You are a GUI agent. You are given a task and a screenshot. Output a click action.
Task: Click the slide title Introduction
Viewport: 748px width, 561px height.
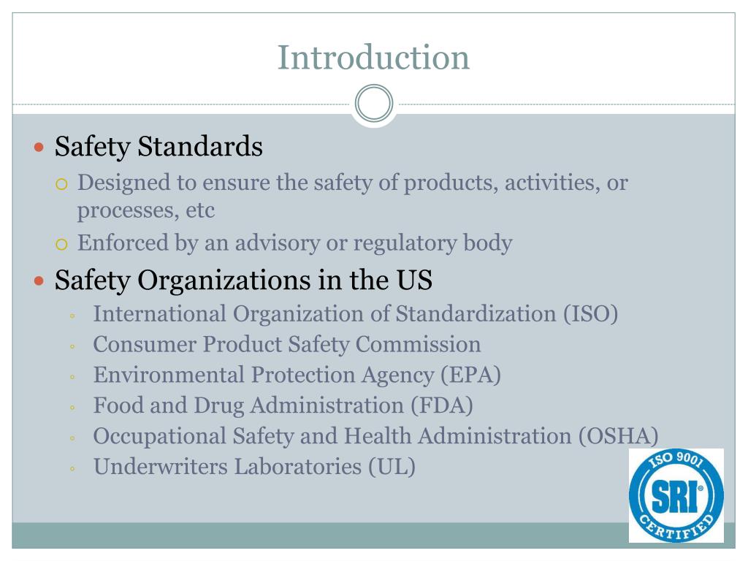pos(373,58)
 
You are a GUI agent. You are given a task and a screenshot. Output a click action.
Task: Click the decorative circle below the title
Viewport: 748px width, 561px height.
pos(374,104)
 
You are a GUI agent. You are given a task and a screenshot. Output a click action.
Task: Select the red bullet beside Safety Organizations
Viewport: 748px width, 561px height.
pos(40,280)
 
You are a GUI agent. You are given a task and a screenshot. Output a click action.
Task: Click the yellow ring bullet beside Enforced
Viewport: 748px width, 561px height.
pos(62,244)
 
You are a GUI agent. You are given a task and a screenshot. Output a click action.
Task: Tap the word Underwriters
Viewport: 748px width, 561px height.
pos(161,466)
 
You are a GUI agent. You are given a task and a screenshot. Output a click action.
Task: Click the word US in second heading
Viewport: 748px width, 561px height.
pos(416,280)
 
